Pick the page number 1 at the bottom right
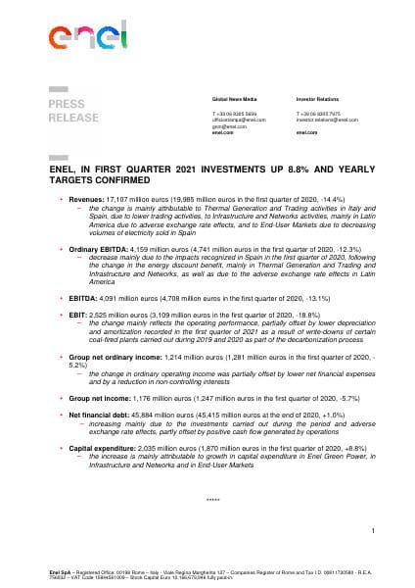tap(373, 530)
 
